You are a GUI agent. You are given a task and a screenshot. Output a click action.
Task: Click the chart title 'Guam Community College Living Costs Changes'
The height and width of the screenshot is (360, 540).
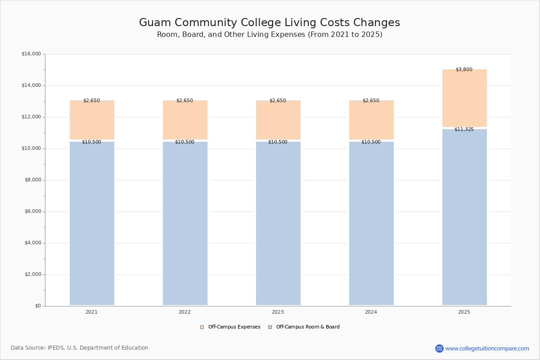270,22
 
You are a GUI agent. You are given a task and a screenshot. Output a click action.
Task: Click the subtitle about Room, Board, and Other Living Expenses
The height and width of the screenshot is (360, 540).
270,35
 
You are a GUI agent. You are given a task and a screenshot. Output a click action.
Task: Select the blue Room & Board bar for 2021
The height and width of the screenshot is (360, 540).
92,224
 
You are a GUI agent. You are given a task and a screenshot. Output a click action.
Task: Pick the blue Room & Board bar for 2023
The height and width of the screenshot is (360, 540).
278,224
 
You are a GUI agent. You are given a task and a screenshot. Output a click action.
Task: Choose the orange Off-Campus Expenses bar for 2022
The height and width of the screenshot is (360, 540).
185,120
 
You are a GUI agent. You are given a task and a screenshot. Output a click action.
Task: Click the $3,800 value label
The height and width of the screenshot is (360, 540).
464,70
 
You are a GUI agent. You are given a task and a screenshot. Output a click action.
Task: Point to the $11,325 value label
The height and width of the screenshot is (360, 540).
464,130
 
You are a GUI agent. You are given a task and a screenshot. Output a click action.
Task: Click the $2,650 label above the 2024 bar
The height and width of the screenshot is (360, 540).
371,101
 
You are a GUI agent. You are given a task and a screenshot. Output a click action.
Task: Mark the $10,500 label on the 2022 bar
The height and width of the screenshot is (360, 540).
184,142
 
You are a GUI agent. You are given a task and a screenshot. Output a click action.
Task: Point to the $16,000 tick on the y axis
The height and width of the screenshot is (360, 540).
31,54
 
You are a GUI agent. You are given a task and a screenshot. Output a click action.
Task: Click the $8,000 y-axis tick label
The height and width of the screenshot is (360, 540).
32,180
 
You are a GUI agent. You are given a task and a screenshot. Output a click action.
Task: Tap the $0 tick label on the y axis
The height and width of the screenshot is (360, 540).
37,306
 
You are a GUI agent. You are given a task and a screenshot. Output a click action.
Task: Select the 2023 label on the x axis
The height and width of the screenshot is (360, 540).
278,312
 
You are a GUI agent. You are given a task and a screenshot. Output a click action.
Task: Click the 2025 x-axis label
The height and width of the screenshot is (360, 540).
464,312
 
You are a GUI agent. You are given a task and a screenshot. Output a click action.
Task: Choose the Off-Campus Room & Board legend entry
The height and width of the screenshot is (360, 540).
307,327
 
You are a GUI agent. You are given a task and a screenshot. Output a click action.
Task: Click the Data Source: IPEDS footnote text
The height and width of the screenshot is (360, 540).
80,348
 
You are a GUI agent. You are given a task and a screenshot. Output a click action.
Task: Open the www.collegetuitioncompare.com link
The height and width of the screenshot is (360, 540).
487,348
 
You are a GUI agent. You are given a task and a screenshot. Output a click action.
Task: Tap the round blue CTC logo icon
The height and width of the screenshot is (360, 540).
439,348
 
